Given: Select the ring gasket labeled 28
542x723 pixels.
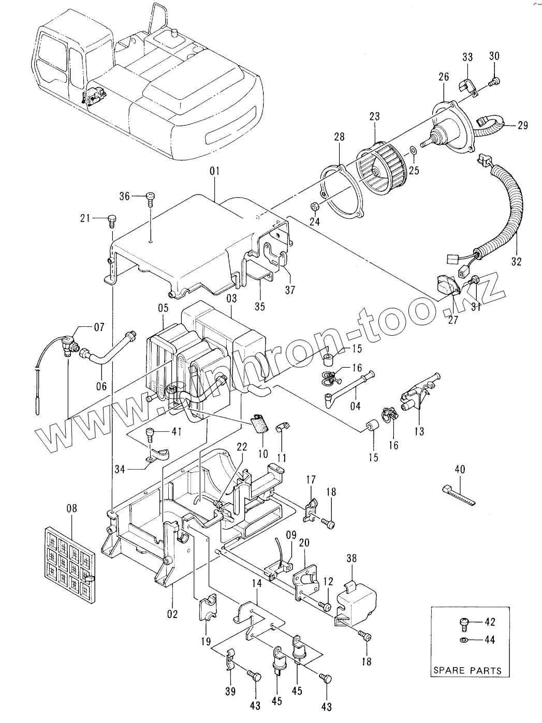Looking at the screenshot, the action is (341, 192).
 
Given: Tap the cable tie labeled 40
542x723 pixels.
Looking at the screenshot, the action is (459, 495).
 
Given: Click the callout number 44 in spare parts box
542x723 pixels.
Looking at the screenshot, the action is (490, 640).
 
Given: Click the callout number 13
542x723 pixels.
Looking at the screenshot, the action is (419, 432).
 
